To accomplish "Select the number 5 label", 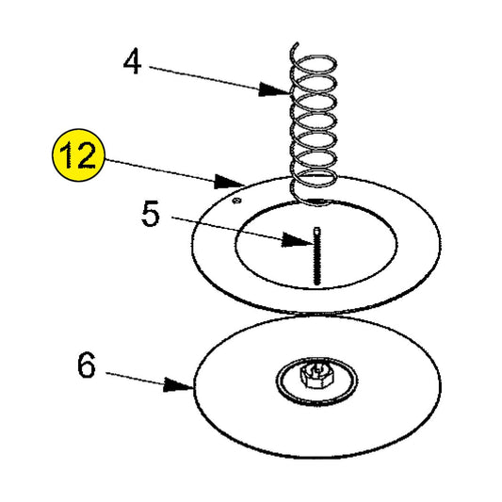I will click(151, 215).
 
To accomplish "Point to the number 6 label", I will click(87, 365).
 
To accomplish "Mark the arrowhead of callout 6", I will click(184, 384).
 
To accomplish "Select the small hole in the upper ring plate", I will click(238, 199).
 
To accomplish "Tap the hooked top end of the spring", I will click(295, 46).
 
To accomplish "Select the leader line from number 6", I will click(137, 377).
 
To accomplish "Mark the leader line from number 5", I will click(231, 229).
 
